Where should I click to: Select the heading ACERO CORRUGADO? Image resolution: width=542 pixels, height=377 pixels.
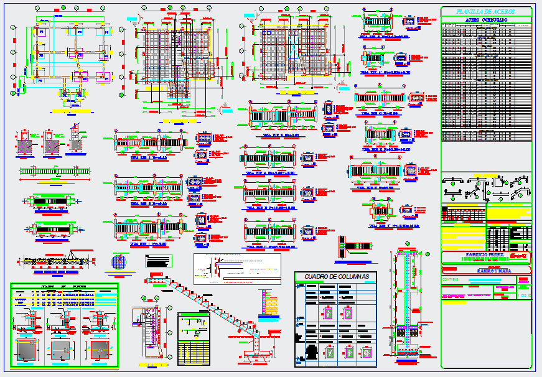485,21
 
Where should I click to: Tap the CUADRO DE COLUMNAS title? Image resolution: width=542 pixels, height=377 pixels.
336,277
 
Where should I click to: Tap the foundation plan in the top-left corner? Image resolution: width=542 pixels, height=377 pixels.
62,56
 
